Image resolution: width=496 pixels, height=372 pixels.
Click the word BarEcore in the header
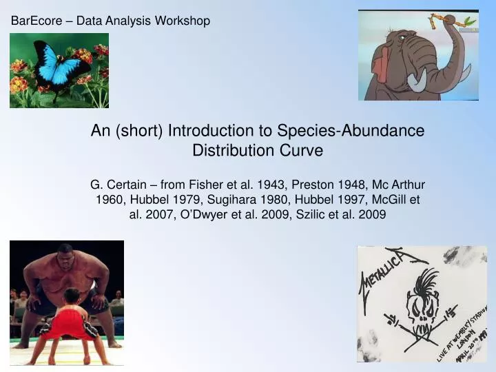pyautogui.click(x=32, y=21)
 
